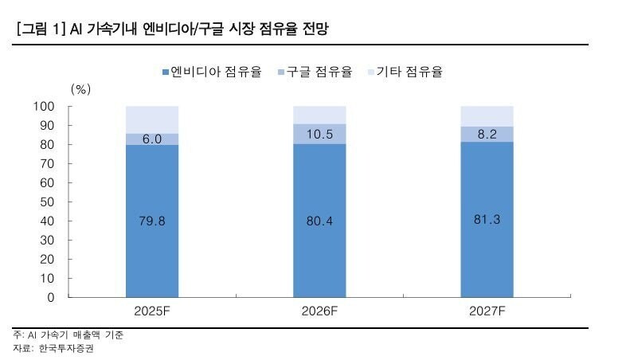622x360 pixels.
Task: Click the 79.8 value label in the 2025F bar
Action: [x=152, y=221]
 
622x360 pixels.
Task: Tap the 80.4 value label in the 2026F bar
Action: [x=320, y=221]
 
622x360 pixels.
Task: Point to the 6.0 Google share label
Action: [x=152, y=139]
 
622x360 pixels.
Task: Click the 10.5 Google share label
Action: [x=320, y=134]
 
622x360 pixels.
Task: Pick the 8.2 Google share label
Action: [x=487, y=135]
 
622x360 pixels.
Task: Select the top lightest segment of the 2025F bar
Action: [x=152, y=119]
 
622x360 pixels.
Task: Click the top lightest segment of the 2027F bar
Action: [x=487, y=116]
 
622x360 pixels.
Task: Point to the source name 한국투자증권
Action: [x=67, y=349]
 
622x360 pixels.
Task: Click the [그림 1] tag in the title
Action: [x=40, y=29]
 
